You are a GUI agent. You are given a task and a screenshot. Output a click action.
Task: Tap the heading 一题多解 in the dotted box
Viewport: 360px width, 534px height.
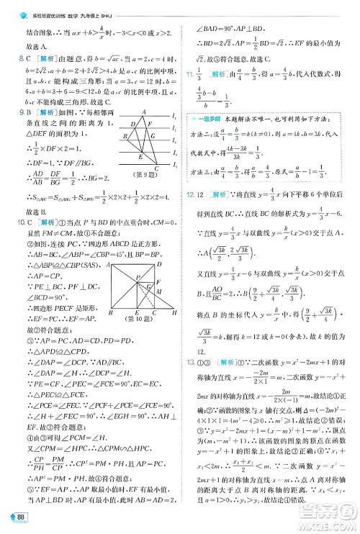209,118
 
